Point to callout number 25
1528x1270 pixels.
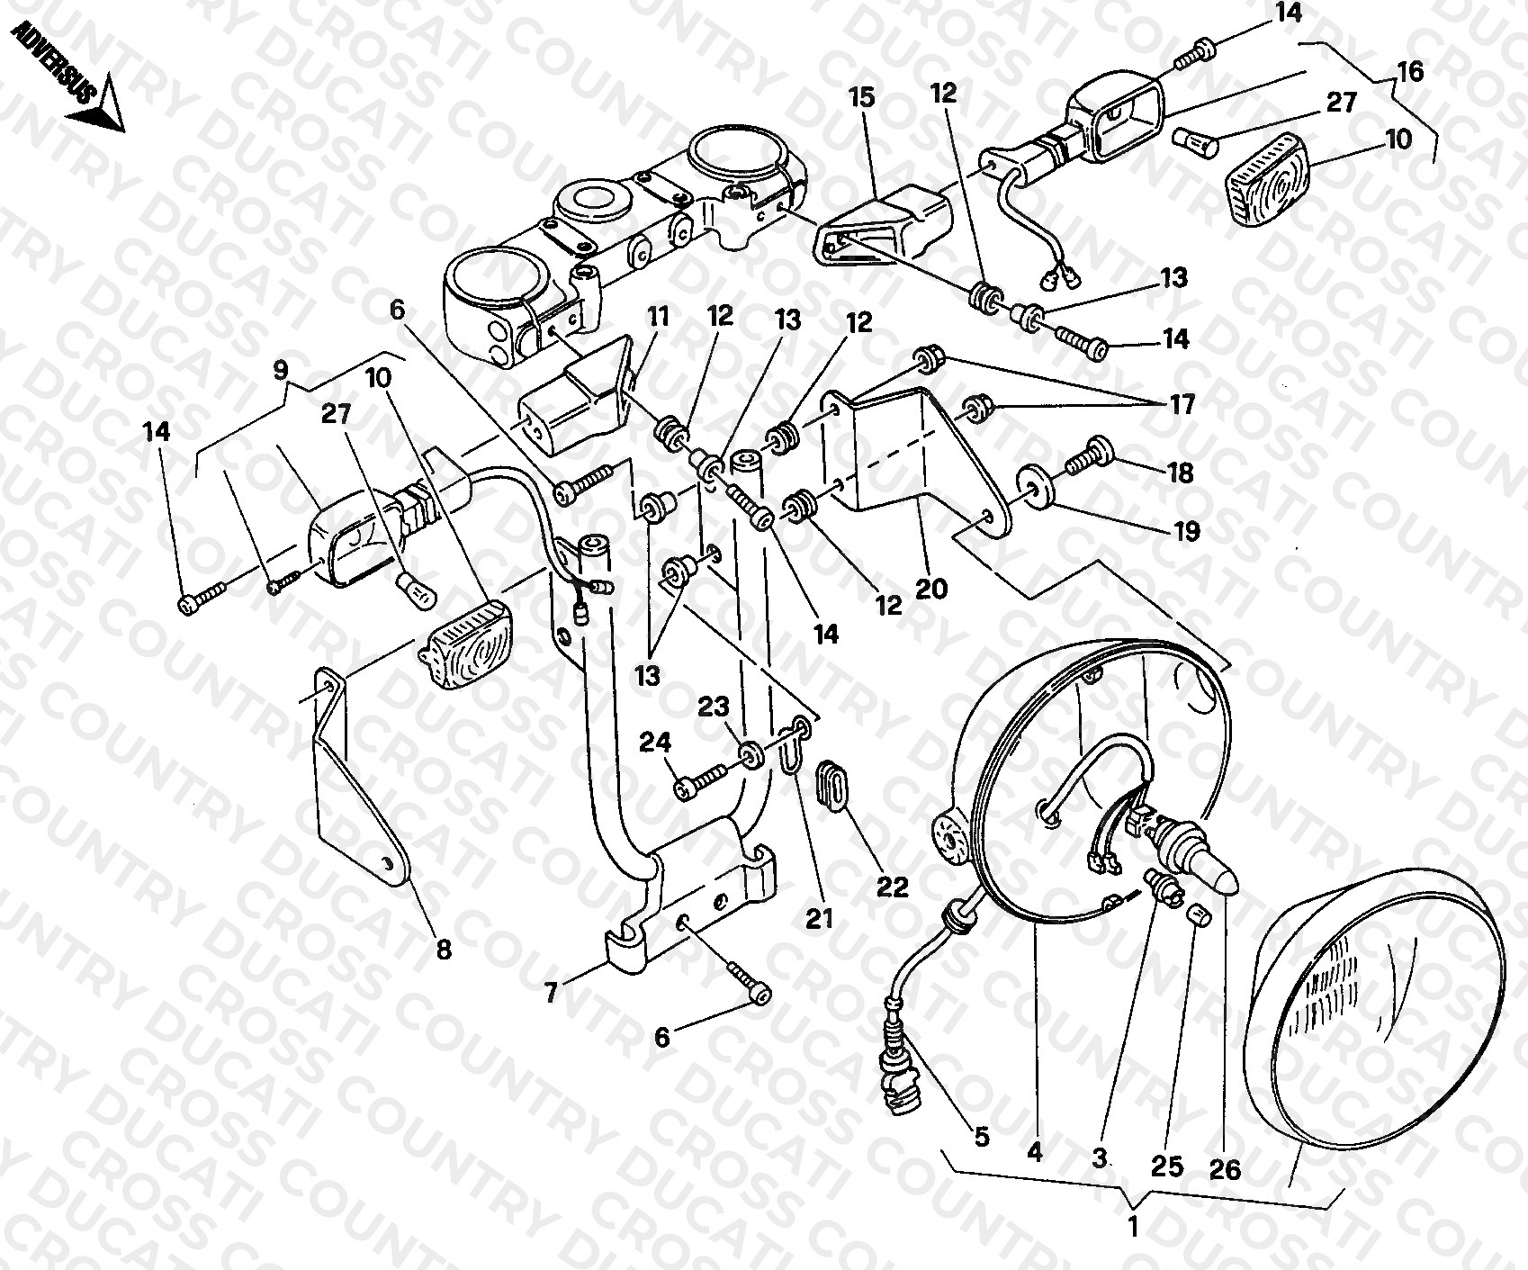(x=1167, y=1167)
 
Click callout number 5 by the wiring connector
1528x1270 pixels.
(x=981, y=1137)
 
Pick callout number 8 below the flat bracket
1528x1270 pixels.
(x=444, y=949)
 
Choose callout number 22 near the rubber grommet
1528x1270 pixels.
(x=893, y=887)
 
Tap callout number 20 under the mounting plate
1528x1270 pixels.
(x=930, y=589)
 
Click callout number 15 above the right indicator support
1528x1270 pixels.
(x=861, y=97)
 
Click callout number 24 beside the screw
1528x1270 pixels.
(x=655, y=743)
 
